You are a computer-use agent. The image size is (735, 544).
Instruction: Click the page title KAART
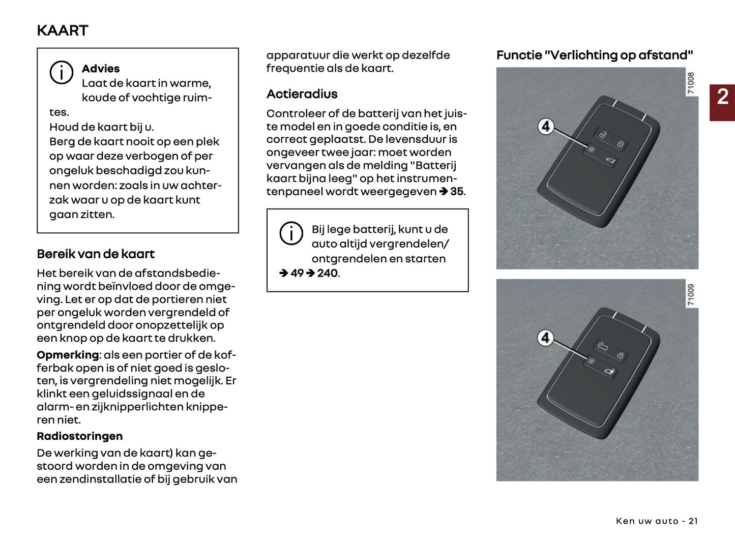[x=62, y=31]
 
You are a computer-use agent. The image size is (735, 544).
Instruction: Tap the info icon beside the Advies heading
[x=61, y=73]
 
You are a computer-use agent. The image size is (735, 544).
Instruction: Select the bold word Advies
[x=101, y=69]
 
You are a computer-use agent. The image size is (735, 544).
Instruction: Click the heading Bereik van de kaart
[x=96, y=254]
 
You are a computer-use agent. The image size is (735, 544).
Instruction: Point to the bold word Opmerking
[x=68, y=355]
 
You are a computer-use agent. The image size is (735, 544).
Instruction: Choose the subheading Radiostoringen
[x=79, y=436]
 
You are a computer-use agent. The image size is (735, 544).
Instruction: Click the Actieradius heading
[x=302, y=94]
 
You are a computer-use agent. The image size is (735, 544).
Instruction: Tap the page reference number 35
[x=456, y=192]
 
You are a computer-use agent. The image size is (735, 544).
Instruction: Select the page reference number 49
[x=297, y=274]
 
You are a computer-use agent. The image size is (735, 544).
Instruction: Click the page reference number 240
[x=328, y=274]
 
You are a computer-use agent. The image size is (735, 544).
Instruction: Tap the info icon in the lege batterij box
[x=291, y=233]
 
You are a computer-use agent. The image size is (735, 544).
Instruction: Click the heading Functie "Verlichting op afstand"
[x=595, y=55]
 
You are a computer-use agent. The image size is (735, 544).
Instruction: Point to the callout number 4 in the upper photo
[x=546, y=126]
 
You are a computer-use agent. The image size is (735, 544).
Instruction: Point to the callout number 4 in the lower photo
[x=545, y=338]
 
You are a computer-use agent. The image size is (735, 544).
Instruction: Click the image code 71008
[x=691, y=83]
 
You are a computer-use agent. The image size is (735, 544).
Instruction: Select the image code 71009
[x=691, y=295]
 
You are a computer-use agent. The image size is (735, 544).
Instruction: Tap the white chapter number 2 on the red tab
[x=722, y=97]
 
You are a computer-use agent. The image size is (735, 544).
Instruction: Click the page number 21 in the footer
[x=693, y=521]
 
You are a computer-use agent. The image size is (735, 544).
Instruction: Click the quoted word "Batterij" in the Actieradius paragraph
[x=433, y=166]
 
